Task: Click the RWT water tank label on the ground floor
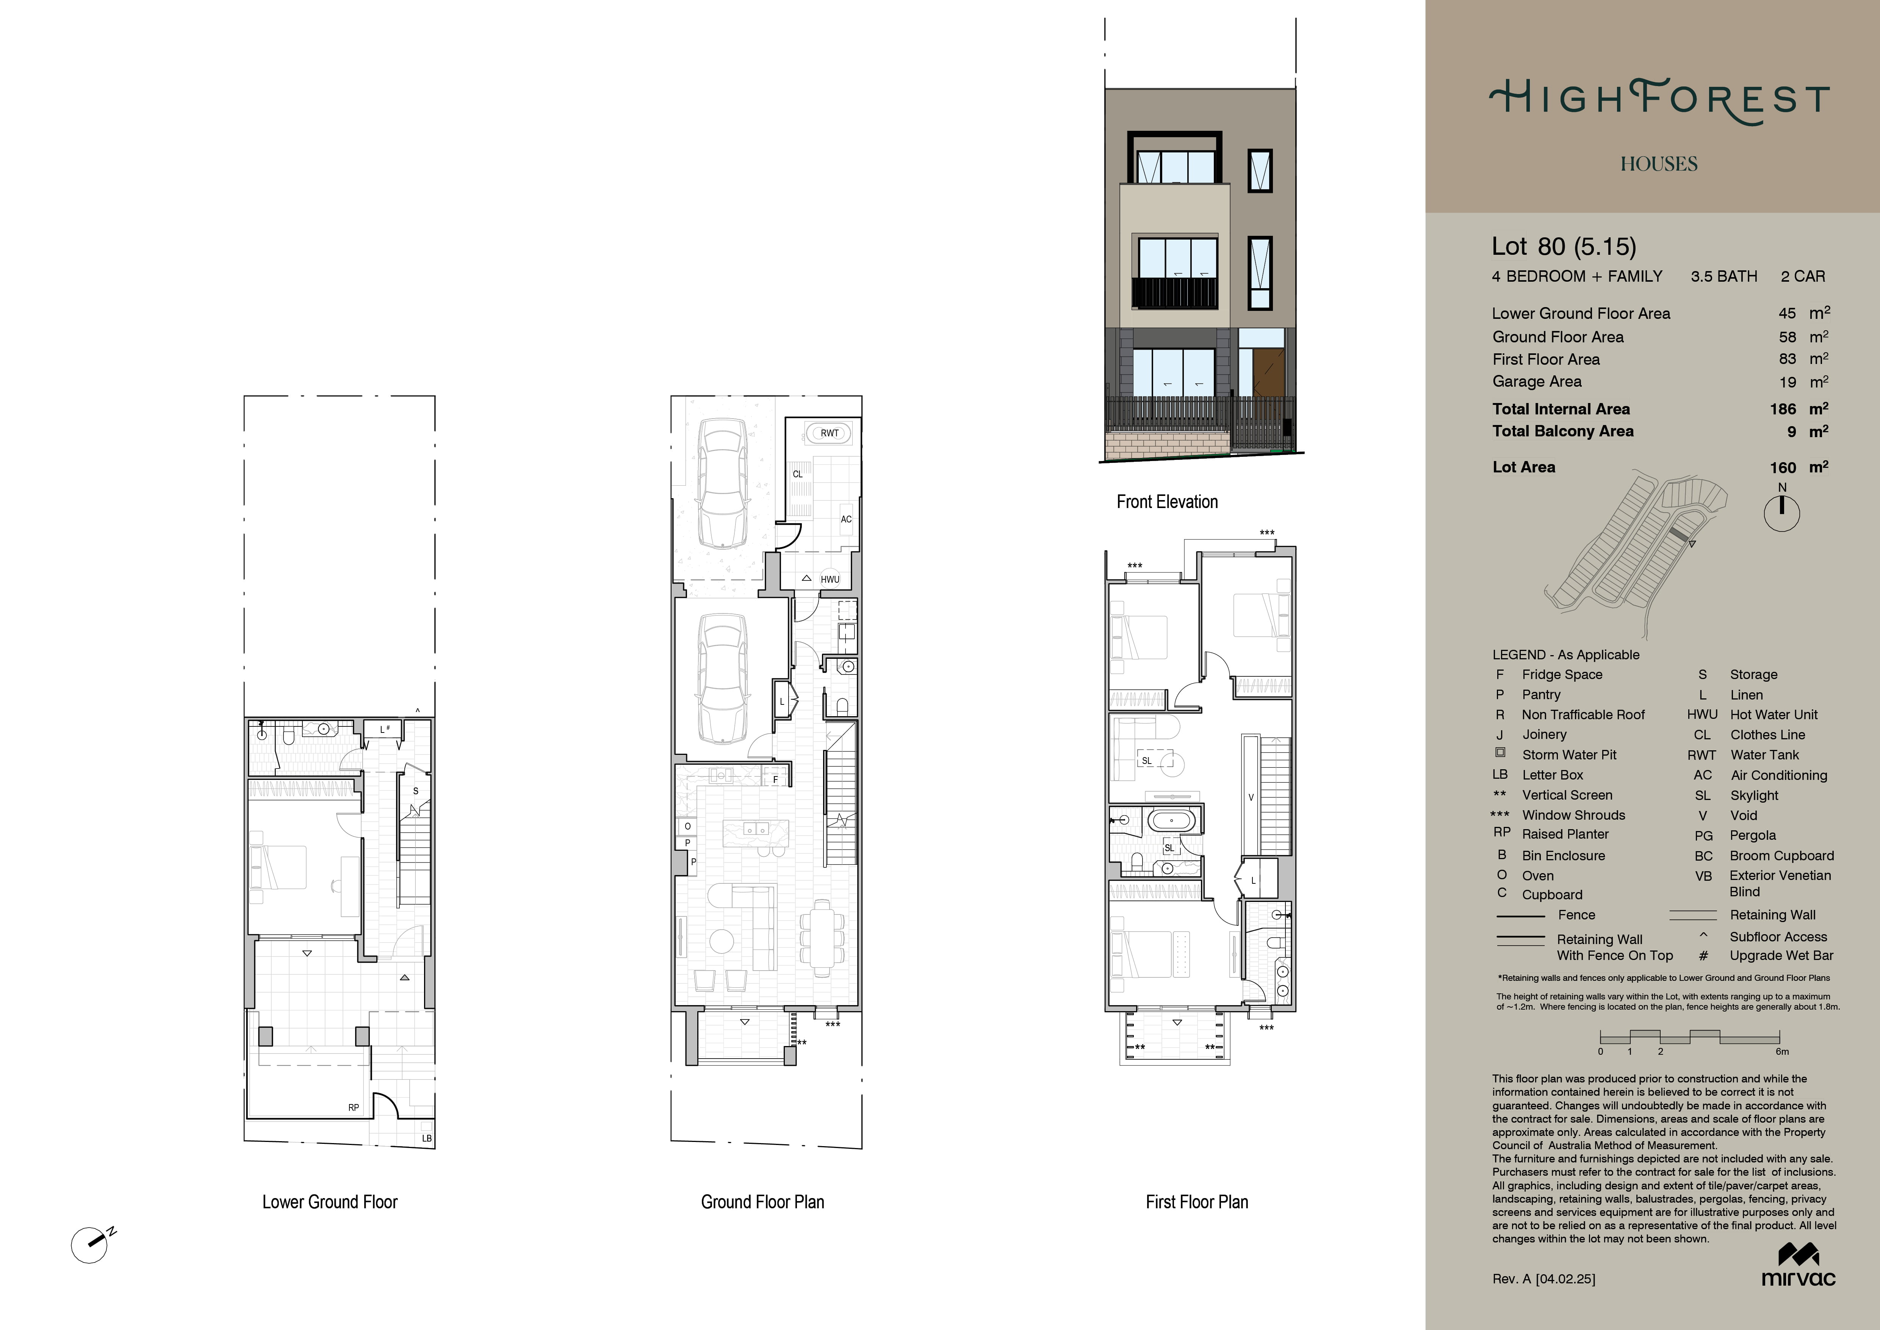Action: [830, 433]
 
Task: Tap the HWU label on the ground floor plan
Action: [830, 579]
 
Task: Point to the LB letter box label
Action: [427, 1139]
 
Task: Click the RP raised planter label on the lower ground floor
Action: [354, 1107]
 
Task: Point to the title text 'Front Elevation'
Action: [1167, 502]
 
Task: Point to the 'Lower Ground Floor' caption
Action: [330, 1202]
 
